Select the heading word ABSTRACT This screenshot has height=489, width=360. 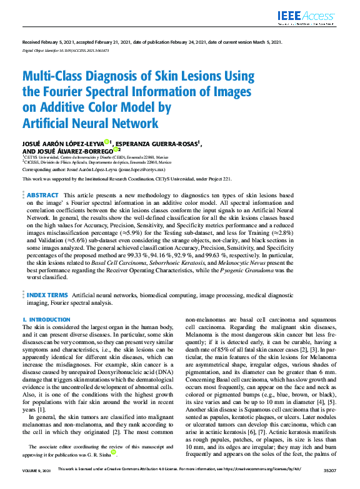click(x=43, y=195)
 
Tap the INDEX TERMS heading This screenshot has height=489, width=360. click(x=47, y=294)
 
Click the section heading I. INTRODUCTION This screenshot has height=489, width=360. click(x=46, y=319)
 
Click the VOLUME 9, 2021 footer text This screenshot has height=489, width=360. click(x=37, y=485)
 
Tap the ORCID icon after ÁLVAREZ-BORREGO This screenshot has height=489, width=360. click(x=117, y=151)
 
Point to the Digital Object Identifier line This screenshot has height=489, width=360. click(x=66, y=49)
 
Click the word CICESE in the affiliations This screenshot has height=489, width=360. click(x=34, y=162)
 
